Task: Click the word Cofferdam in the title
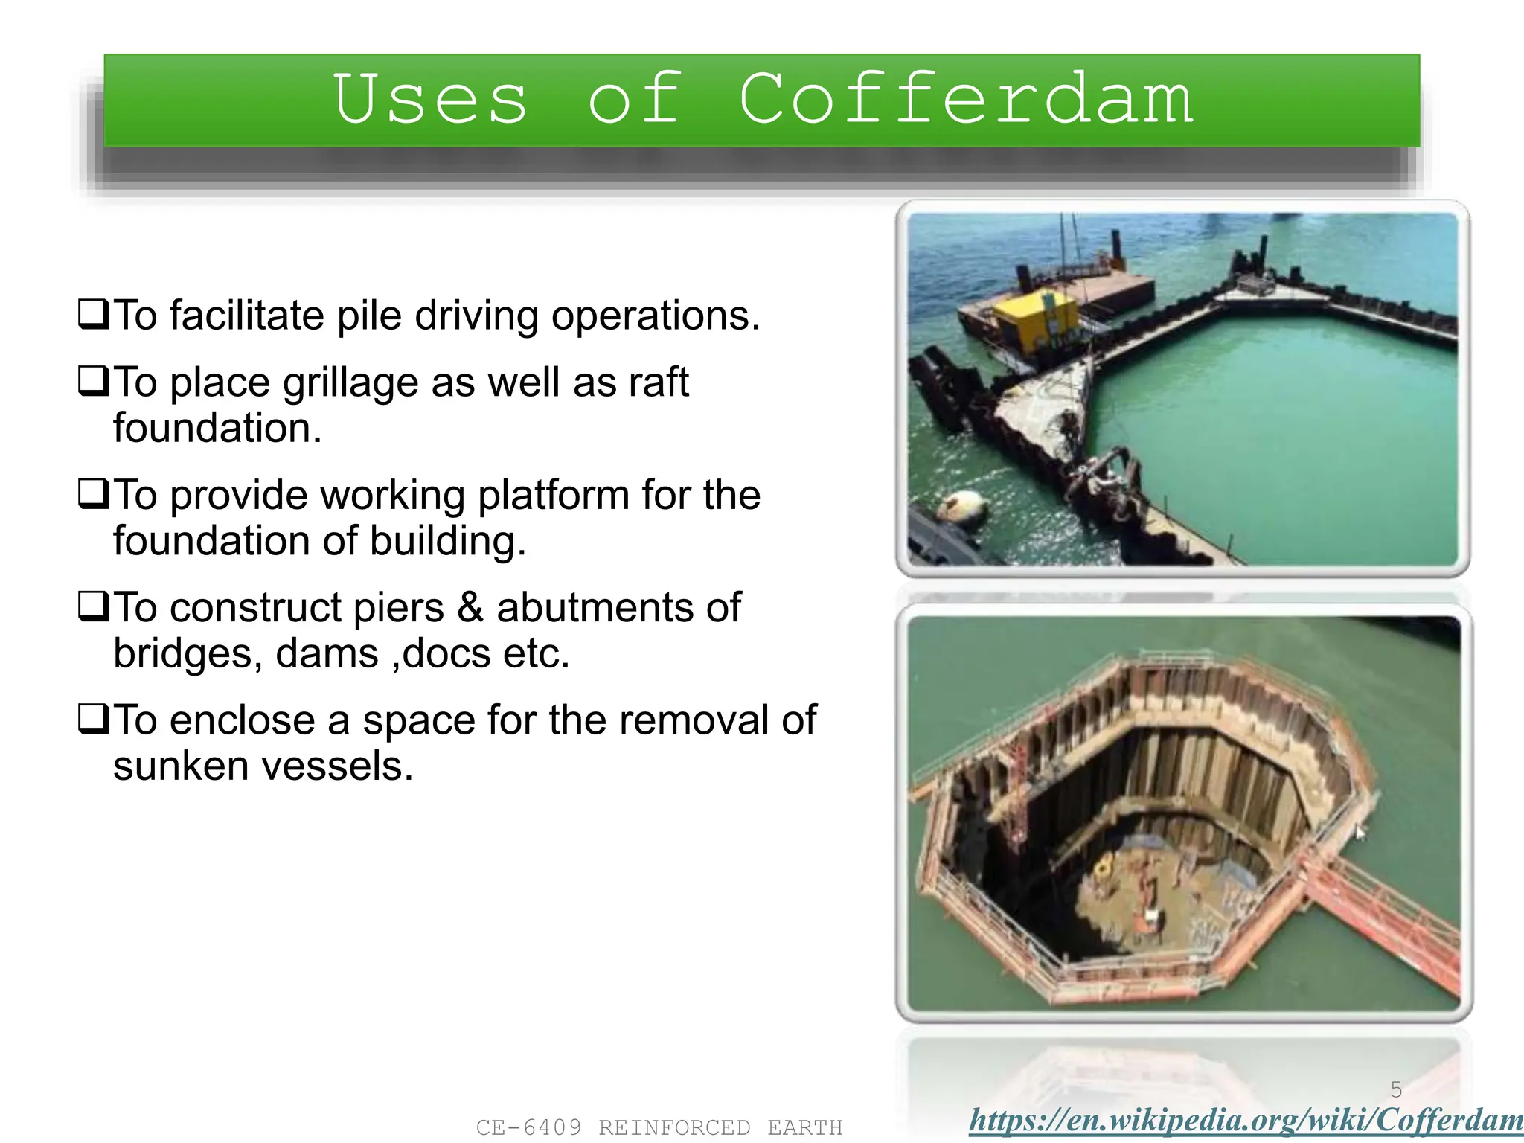coord(966,100)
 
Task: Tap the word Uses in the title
coord(430,100)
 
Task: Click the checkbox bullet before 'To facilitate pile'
coord(94,314)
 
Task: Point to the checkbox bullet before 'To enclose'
coord(94,719)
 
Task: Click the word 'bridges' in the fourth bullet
coord(187,655)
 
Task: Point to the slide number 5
coord(1396,1090)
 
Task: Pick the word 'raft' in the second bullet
coord(659,382)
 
